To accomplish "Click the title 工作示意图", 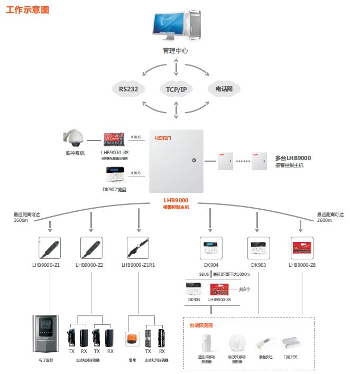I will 27,10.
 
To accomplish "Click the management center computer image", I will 175,27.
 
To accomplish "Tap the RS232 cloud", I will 128,89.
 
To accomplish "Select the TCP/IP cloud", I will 176,89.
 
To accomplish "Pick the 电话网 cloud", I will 224,89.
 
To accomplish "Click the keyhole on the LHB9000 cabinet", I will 193,160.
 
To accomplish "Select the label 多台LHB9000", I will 293,157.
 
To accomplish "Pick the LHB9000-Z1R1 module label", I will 138,265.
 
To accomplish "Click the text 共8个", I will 244,289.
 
